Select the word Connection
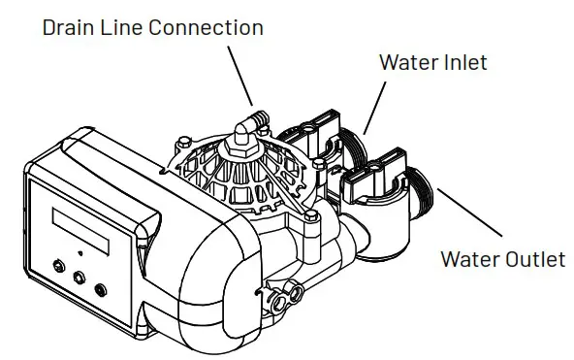click(209, 27)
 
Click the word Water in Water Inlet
click(405, 63)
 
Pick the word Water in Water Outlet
click(470, 260)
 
